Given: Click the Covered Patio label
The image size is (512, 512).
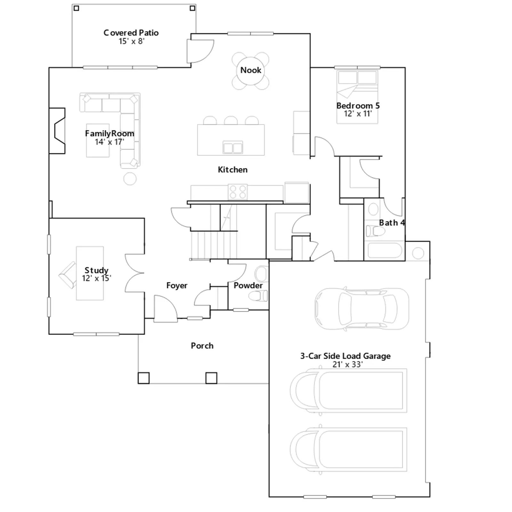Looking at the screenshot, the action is [131, 33].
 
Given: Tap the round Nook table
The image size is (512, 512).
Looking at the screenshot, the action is [251, 70].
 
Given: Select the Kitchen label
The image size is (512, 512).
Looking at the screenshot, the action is [233, 170].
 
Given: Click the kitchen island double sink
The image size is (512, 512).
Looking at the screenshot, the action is [233, 148].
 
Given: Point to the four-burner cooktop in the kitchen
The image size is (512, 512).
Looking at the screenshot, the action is [238, 192].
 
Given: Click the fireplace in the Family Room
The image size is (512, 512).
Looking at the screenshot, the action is [57, 131].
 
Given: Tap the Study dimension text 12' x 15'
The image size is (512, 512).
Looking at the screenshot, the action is [96, 278].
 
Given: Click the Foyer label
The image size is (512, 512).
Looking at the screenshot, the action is [177, 285].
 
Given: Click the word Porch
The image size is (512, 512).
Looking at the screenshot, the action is [202, 346].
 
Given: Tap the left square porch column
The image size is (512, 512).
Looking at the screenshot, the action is [143, 378].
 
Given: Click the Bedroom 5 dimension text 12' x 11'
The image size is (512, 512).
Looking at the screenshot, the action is [358, 114].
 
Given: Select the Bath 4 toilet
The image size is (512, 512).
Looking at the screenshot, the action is [375, 231].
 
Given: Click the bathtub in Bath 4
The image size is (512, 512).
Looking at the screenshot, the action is [385, 251].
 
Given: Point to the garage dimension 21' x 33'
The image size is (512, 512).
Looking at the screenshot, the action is [348, 364].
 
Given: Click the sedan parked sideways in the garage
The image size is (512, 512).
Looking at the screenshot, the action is [362, 309].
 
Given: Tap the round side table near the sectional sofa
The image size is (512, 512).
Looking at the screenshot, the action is [130, 179].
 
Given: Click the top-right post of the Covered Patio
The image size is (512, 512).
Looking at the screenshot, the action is [192, 8].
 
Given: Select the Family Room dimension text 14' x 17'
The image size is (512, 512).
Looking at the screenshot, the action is [109, 142].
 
